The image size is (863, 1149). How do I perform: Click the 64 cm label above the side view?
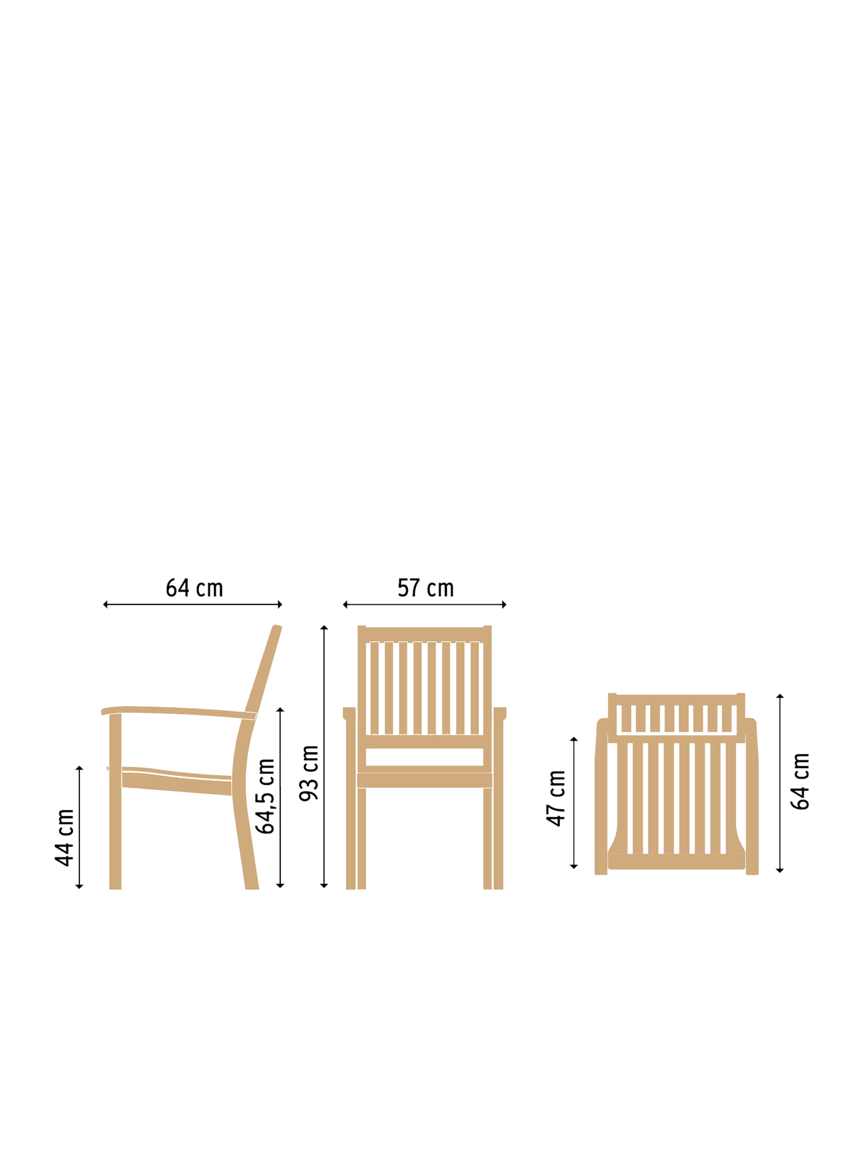click(x=194, y=588)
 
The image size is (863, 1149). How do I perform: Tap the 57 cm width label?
click(x=425, y=588)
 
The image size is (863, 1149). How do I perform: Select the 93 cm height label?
click(x=309, y=773)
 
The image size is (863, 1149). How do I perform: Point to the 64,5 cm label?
click(x=265, y=796)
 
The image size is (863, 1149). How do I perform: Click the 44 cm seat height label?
click(x=64, y=837)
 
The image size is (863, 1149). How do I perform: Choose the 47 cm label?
click(x=556, y=798)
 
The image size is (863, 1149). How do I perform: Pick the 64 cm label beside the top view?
click(x=800, y=782)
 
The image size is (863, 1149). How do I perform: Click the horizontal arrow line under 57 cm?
click(x=425, y=604)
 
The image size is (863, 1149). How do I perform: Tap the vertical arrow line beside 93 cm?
click(x=324, y=757)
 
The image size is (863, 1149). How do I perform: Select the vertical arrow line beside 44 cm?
click(x=79, y=828)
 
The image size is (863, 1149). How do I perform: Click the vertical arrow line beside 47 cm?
click(x=574, y=803)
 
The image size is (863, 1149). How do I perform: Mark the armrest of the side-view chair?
click(x=178, y=712)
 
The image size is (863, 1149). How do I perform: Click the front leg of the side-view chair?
click(x=115, y=802)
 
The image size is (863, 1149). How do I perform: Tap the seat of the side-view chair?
click(x=176, y=781)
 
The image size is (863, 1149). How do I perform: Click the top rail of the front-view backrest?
click(x=425, y=634)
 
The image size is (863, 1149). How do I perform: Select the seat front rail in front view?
click(x=425, y=780)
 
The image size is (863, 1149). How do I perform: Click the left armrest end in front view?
click(x=349, y=713)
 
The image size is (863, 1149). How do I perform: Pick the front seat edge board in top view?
click(x=677, y=861)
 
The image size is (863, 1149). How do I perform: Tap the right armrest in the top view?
click(x=752, y=796)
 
